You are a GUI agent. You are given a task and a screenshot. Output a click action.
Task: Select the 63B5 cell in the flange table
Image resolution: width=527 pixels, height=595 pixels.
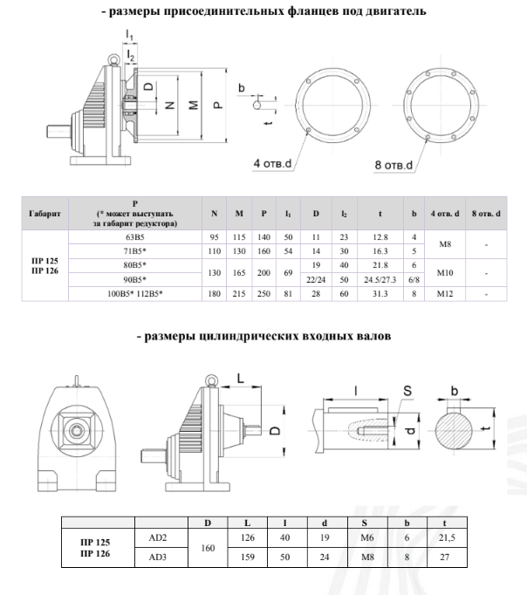tap(135, 236)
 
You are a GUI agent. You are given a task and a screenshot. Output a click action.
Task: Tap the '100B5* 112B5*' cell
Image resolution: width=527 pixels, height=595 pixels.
tap(135, 293)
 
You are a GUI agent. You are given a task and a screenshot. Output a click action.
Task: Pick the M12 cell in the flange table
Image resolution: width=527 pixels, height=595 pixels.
tap(444, 293)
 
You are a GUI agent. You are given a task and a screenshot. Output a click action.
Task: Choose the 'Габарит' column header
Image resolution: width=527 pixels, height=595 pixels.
tap(44, 213)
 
